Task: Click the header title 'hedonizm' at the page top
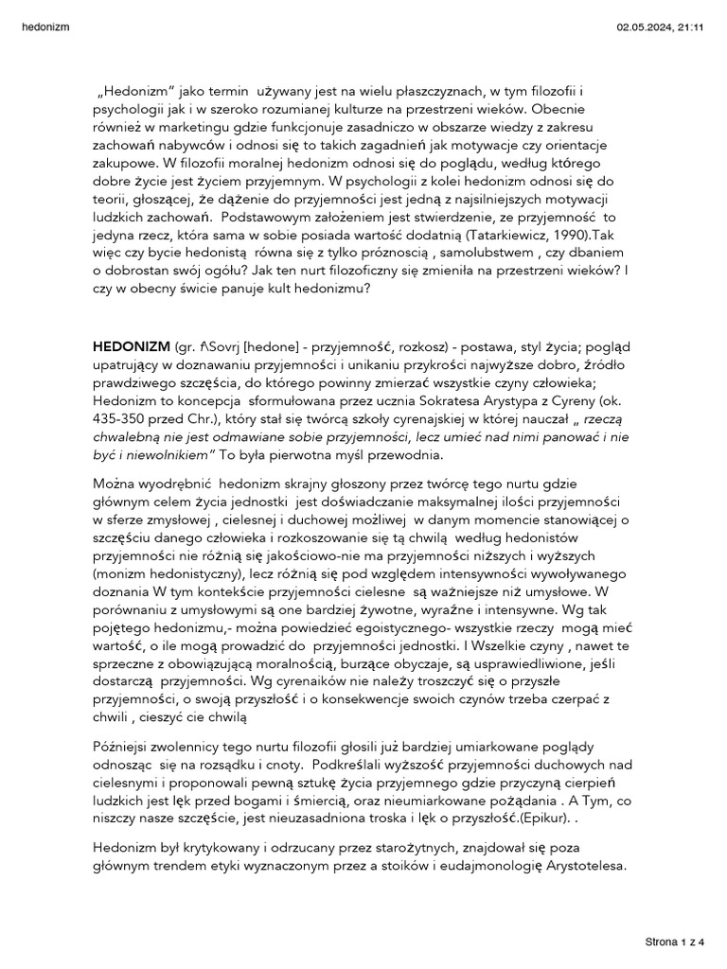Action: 44,27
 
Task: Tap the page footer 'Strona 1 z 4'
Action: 674,942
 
